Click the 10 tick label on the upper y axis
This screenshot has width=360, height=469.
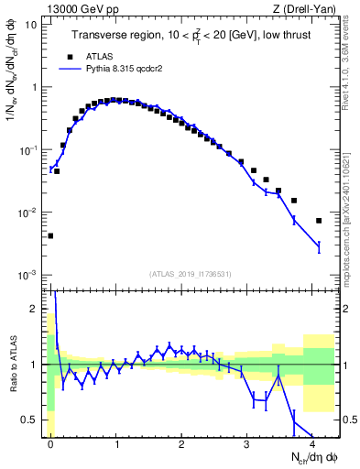(x=31, y=25)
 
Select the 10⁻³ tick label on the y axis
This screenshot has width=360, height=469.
(x=27, y=275)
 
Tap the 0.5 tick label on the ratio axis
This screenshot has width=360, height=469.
(x=29, y=420)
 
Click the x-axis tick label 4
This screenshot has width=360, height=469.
(x=312, y=442)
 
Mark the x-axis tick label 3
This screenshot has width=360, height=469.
(x=247, y=442)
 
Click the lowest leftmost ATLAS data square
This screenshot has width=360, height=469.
(x=50, y=235)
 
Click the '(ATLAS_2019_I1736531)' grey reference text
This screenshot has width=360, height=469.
(x=190, y=273)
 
